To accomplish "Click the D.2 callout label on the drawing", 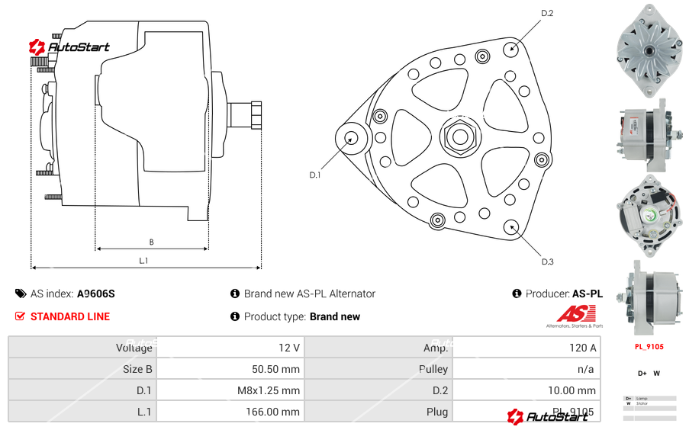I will (x=546, y=13).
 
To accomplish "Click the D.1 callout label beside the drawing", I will (x=314, y=175).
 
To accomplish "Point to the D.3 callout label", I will (x=547, y=262).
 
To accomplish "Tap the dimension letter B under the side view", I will (x=151, y=242).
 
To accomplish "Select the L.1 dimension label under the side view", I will (x=143, y=261).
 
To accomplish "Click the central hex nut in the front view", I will (x=459, y=136).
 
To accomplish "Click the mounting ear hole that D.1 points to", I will (x=352, y=138).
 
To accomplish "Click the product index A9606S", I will (x=95, y=294).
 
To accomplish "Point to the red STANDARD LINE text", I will (x=69, y=316).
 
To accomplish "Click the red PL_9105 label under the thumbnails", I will (x=649, y=347).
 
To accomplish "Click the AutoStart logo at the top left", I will (x=69, y=47).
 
